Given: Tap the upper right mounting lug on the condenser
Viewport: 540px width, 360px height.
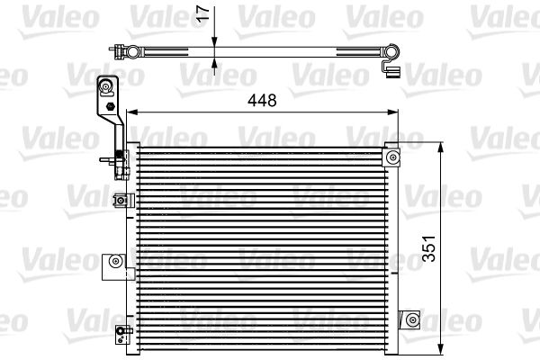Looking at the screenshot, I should [391, 157].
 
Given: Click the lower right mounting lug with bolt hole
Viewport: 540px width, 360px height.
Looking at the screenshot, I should [409, 319].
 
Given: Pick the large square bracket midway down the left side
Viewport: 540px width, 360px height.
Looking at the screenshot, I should [114, 262].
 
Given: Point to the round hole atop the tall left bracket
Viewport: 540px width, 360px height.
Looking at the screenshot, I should [106, 86].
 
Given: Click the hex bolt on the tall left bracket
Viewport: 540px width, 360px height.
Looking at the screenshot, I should [110, 107].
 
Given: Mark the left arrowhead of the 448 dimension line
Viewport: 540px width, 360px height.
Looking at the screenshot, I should [130, 112].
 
